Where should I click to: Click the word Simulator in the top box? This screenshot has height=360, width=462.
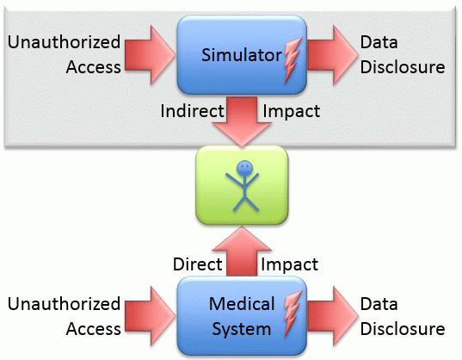coord(242,55)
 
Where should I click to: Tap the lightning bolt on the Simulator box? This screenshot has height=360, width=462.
coord(293,60)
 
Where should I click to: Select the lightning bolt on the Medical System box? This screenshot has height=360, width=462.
coord(293,313)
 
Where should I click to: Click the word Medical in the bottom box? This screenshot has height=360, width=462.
coord(242,304)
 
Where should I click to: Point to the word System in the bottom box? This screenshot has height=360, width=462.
coord(242,329)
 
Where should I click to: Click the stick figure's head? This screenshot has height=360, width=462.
coord(244,168)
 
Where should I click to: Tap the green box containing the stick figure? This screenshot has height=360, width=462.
coord(242,185)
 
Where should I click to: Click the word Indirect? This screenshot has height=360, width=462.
coord(192,111)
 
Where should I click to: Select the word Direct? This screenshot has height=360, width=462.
coord(197,264)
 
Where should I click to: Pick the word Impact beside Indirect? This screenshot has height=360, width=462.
coord(291,112)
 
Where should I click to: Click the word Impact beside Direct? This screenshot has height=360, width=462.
coord(289,264)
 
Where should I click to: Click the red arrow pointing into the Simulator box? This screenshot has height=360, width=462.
coord(150,55)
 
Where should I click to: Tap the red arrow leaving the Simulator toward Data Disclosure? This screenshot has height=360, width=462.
coord(332,55)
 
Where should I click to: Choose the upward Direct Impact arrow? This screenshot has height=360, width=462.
coord(242,251)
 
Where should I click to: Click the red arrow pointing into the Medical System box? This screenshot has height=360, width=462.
coord(150,316)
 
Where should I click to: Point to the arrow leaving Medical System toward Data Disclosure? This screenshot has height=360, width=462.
coord(332,316)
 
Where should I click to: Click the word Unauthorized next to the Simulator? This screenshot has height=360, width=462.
coord(64,42)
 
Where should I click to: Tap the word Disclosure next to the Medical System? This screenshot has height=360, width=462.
coord(403,329)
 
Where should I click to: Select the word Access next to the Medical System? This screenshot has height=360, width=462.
coord(94,329)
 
